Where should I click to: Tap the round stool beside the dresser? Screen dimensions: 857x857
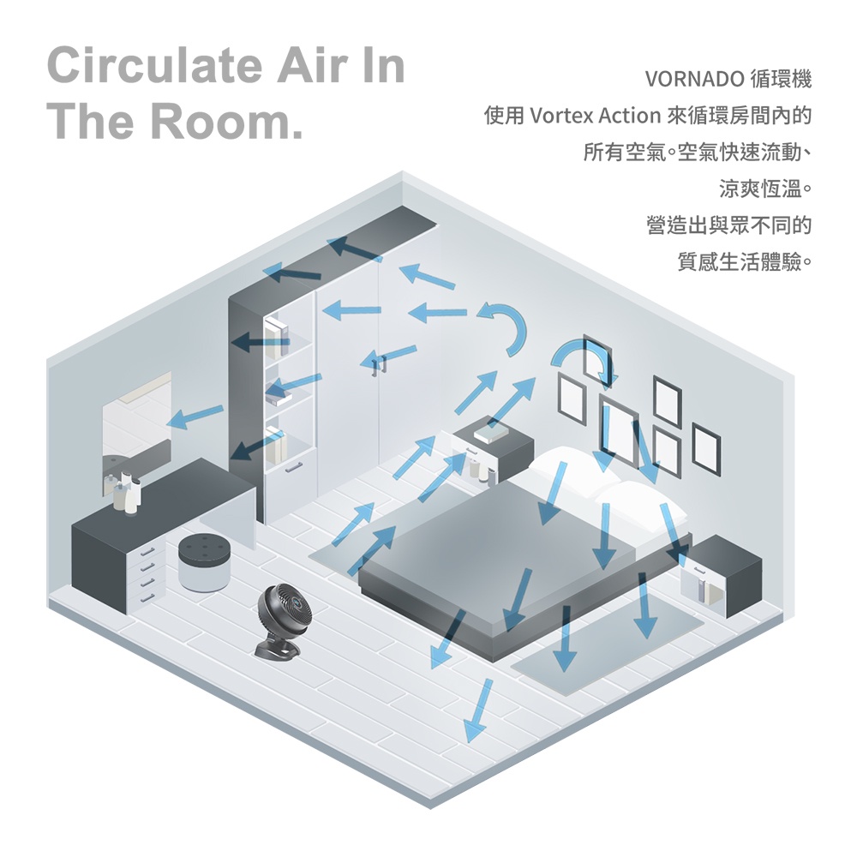[204, 562]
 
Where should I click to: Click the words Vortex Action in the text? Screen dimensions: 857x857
[596, 115]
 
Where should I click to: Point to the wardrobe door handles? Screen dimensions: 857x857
[377, 364]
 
